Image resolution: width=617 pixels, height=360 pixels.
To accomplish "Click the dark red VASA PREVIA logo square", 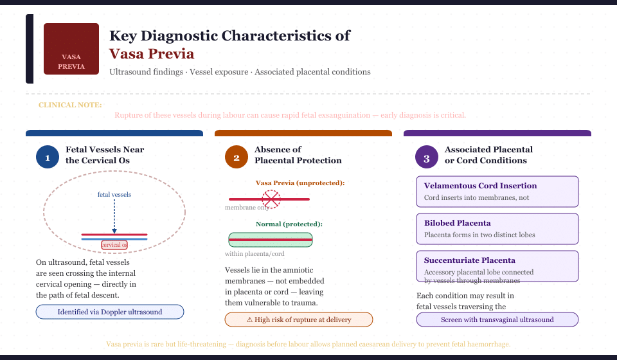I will pyautogui.click(x=71, y=49).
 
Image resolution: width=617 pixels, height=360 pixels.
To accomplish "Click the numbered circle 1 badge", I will pyautogui.click(x=48, y=157).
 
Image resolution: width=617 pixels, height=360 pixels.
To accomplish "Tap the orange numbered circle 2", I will pyautogui.click(x=237, y=157).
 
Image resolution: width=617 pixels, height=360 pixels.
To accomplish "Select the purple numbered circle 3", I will pyautogui.click(x=425, y=157).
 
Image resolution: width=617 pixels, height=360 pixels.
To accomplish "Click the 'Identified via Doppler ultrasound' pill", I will pyautogui.click(x=110, y=312).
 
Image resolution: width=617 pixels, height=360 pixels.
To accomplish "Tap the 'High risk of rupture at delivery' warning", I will pyautogui.click(x=298, y=319).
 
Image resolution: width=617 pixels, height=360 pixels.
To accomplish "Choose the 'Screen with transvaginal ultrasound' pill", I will pyautogui.click(x=497, y=319).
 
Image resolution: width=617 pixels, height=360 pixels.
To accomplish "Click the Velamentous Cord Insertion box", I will pyautogui.click(x=497, y=191).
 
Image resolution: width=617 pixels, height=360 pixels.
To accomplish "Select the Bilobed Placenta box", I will pyautogui.click(x=497, y=228).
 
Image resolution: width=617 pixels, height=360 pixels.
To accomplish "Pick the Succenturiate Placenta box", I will pyautogui.click(x=497, y=265).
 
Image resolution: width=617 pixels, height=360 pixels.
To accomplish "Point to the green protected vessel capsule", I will pyautogui.click(x=271, y=240).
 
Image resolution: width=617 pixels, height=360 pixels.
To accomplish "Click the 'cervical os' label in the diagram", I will pyautogui.click(x=114, y=245).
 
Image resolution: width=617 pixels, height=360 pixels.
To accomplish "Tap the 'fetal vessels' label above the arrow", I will pyautogui.click(x=114, y=194).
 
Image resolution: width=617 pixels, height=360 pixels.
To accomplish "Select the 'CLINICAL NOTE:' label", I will pyautogui.click(x=70, y=105).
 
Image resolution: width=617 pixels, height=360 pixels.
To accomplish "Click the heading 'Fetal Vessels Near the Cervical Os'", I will pyautogui.click(x=105, y=155).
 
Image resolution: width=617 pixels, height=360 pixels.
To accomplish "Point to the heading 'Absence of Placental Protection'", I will pyautogui.click(x=298, y=155).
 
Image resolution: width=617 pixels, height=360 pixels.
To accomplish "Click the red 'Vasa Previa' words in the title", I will pyautogui.click(x=152, y=54).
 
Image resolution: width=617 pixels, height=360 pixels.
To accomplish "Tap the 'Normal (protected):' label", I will pyautogui.click(x=289, y=224).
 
